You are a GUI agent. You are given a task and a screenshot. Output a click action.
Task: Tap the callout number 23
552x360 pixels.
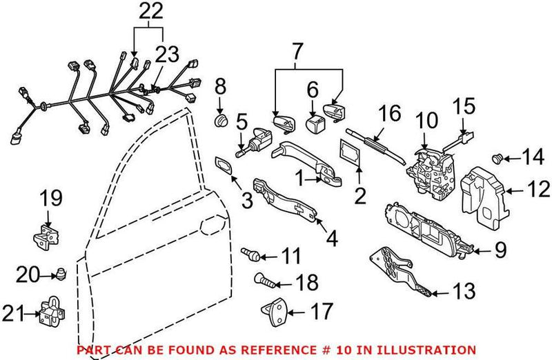coord(165,55)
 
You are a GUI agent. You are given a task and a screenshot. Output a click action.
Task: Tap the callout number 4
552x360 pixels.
coord(332,239)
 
